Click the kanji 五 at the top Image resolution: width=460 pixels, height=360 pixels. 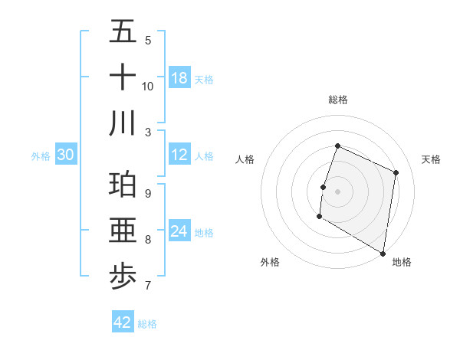coord(123,32)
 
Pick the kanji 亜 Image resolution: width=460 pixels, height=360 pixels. coord(123,231)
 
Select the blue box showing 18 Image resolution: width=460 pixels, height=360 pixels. coord(179,78)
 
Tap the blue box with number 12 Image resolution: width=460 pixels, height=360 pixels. coord(179,155)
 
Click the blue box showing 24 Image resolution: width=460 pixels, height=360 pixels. coord(179,231)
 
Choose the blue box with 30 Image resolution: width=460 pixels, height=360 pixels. coord(66,155)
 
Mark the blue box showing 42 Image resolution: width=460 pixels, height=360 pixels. coord(123,322)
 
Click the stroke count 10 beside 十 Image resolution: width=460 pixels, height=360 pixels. coord(148,86)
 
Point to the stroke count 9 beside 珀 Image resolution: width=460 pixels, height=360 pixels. coord(148,194)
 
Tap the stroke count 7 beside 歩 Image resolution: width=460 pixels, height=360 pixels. coord(148,286)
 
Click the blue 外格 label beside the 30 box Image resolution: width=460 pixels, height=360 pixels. coord(41,156)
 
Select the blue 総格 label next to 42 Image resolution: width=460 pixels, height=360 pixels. coord(147,324)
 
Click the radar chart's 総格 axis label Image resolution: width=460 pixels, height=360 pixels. coord(337,100)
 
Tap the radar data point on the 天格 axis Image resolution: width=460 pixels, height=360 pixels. coord(396,172)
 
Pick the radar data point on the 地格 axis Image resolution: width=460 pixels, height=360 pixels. coord(382,253)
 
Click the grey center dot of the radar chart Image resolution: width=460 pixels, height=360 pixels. coord(337,191)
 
